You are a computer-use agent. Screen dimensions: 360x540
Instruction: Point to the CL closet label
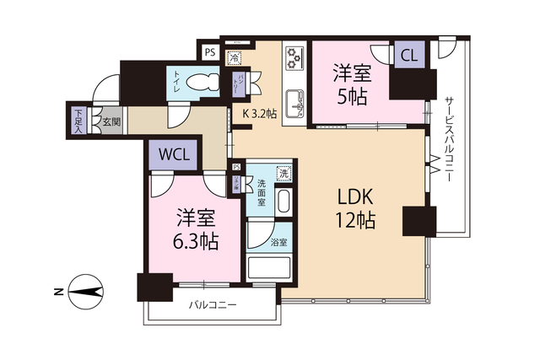coord(408,56)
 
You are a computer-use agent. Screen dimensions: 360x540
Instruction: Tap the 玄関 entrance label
coord(111,121)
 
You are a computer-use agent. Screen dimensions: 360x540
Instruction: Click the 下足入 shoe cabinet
coord(78,121)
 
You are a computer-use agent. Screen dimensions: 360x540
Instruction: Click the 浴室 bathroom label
coord(278,242)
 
